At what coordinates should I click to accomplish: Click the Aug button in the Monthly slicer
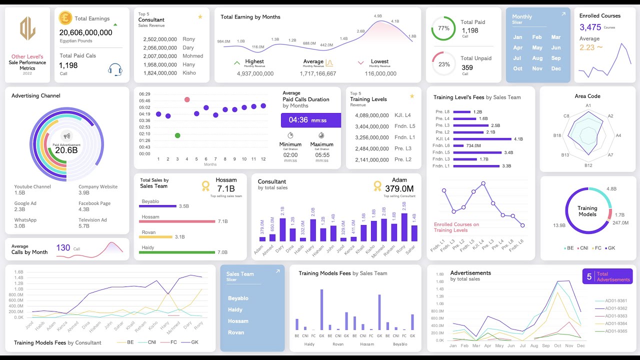pyautogui.click(x=537, y=58)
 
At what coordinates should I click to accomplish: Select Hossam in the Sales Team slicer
pyautogui.click(x=238, y=321)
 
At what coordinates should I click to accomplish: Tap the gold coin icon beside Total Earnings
pyautogui.click(x=65, y=18)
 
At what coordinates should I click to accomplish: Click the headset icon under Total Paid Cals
pyautogui.click(x=115, y=69)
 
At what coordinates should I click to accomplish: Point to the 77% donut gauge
pyautogui.click(x=443, y=28)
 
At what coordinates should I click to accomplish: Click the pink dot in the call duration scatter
pyautogui.click(x=187, y=99)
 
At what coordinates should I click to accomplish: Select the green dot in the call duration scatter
pyautogui.click(x=177, y=135)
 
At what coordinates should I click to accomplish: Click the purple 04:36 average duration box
pyautogui.click(x=310, y=120)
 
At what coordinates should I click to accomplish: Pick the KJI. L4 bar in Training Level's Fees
pyautogui.click(x=482, y=139)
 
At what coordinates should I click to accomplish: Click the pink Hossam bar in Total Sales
pyautogui.click(x=177, y=221)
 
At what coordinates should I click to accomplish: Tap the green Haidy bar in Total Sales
pyautogui.click(x=176, y=252)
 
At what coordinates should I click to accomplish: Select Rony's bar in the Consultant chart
pyautogui.click(x=404, y=227)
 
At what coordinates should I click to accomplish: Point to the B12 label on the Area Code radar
pyautogui.click(x=588, y=165)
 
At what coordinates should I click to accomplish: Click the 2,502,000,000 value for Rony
pyautogui.click(x=160, y=39)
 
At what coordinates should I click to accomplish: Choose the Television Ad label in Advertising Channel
pyautogui.click(x=92, y=220)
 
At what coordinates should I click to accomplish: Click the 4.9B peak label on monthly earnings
pyautogui.click(x=378, y=16)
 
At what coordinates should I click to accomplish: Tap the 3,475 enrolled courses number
pyautogui.click(x=590, y=27)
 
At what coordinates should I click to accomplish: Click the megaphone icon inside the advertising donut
pyautogui.click(x=66, y=136)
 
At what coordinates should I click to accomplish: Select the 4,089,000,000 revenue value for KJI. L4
pyautogui.click(x=371, y=115)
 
